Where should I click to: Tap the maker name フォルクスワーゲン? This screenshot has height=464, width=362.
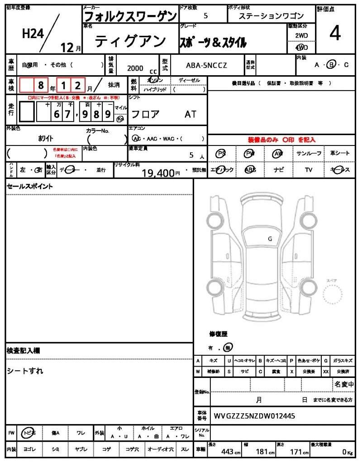tap(131, 16)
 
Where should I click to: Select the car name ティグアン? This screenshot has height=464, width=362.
tap(130, 42)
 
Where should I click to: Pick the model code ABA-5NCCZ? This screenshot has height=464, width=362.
tap(207, 65)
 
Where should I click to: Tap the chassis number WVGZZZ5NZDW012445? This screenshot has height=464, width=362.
tap(255, 416)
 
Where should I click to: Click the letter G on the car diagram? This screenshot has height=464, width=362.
tap(270, 238)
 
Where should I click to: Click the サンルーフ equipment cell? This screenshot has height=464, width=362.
tap(309, 154)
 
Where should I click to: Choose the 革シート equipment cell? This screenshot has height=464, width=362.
tap(340, 154)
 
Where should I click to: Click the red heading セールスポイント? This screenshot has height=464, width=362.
tap(29, 186)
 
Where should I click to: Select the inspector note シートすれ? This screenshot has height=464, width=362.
tap(25, 371)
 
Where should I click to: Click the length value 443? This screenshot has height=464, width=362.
tap(227, 451)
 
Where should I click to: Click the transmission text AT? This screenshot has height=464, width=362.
tap(191, 114)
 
